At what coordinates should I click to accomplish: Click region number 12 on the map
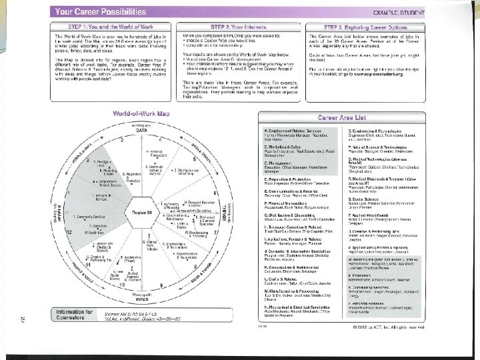[69, 230]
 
